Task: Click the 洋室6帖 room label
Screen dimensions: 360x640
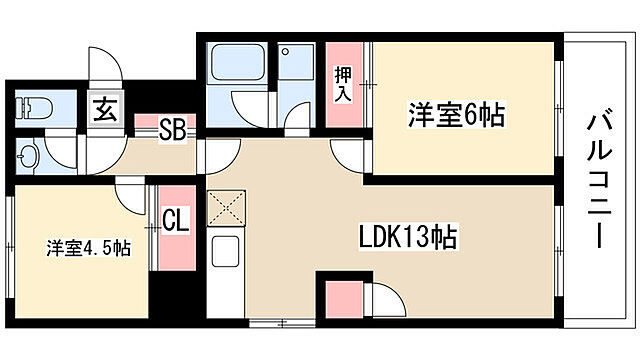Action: click(455, 116)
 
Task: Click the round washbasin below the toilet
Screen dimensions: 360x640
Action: click(28, 157)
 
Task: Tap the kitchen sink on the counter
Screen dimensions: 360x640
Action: click(222, 251)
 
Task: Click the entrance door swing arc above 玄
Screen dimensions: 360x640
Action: click(104, 64)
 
